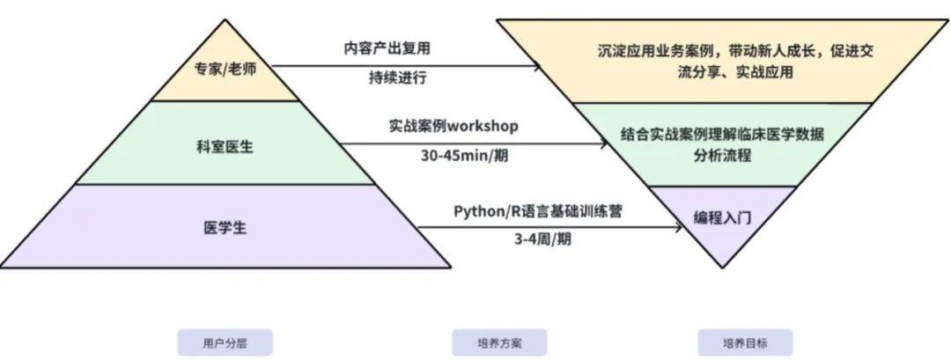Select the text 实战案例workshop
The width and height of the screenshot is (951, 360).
click(x=453, y=126)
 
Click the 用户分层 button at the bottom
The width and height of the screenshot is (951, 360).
click(x=225, y=342)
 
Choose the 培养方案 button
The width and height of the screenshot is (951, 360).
click(x=499, y=342)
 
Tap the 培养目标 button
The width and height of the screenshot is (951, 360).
click(x=745, y=342)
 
